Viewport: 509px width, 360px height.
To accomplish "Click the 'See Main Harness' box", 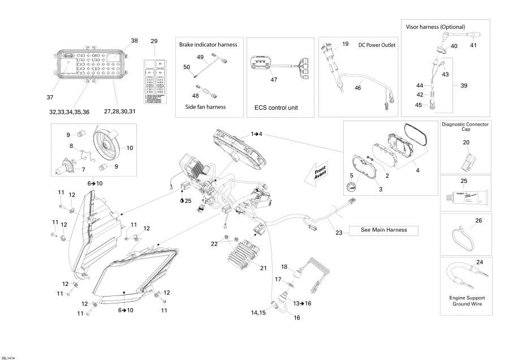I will tap(384, 230).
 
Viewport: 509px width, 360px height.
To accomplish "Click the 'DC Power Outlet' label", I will tap(377, 45).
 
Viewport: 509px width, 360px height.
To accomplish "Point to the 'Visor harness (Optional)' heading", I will tap(435, 27).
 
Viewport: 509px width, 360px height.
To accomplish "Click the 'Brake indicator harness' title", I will tap(208, 44).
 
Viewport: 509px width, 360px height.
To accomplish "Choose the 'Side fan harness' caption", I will tap(205, 106).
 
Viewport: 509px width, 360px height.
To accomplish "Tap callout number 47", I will tap(274, 80).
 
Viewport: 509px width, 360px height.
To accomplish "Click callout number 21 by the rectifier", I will tap(263, 268).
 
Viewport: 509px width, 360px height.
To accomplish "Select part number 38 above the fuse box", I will tap(134, 41).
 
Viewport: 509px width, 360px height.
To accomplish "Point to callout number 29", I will tap(154, 41).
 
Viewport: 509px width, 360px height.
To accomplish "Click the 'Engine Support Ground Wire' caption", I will tap(467, 301).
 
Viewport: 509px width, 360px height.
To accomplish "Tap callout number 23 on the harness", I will tap(339, 232).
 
